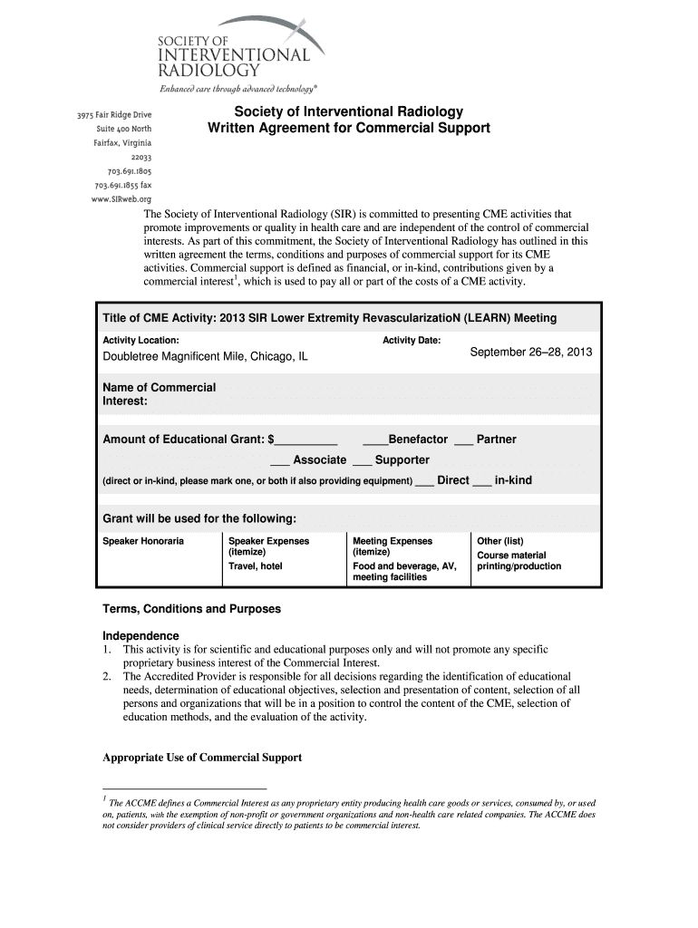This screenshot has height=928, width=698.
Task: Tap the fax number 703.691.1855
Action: tap(122, 185)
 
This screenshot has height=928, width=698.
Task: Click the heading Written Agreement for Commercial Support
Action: tap(349, 128)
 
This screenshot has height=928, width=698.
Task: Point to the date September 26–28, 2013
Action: tap(530, 352)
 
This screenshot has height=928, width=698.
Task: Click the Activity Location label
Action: tap(140, 340)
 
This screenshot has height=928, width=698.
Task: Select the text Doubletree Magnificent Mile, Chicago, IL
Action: tap(205, 356)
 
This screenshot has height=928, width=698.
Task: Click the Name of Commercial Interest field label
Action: tap(160, 394)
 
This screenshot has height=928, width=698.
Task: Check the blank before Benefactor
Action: tap(374, 441)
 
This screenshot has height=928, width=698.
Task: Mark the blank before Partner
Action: tap(463, 441)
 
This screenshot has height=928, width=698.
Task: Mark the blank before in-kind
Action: tap(481, 482)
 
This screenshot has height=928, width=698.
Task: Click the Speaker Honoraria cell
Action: tap(143, 541)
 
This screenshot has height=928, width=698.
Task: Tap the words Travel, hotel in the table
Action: tap(255, 566)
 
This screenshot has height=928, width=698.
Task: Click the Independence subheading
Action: tap(141, 635)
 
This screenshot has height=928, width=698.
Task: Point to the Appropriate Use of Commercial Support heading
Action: tap(202, 758)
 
